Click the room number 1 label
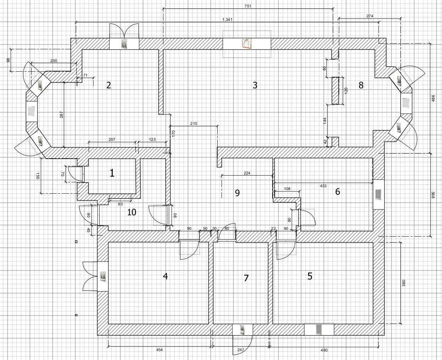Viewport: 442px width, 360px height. pos(112,173)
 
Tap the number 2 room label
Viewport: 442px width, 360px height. pos(109,85)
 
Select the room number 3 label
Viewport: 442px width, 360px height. pos(255,85)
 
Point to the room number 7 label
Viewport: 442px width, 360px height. pos(246,278)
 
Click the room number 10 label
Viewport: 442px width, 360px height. pos(132,212)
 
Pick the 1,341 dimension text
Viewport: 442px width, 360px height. pos(228,20)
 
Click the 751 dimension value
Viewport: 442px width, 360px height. pos(248,6)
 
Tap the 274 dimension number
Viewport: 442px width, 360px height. pos(370,16)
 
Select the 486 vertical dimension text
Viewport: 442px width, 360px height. pos(433,98)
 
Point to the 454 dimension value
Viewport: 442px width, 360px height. pos(160,350)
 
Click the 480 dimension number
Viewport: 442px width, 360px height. pos(324,350)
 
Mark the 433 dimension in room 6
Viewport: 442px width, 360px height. pos(323,186)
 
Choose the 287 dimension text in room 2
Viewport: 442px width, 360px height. pos(61,115)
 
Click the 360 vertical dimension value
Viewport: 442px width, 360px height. pos(404,283)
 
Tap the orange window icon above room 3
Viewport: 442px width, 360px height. pos(247,44)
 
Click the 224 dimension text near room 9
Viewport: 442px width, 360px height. pos(247,173)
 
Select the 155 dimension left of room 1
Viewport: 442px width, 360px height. pos(38,176)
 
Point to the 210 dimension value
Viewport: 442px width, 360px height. pos(194,123)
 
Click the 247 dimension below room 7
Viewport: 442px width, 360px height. pos(241,350)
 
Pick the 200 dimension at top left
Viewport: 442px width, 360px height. pos(54,61)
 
